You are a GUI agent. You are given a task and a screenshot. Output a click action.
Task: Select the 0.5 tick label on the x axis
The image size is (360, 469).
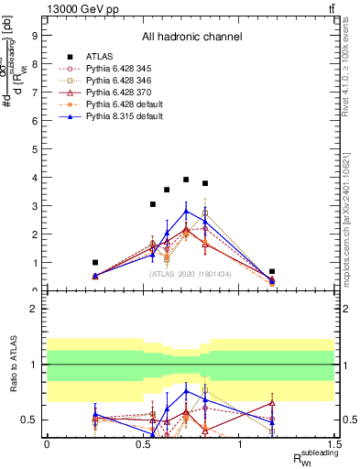click(143, 443)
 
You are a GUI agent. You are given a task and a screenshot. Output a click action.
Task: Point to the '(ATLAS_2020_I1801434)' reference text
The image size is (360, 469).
click(191, 273)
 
